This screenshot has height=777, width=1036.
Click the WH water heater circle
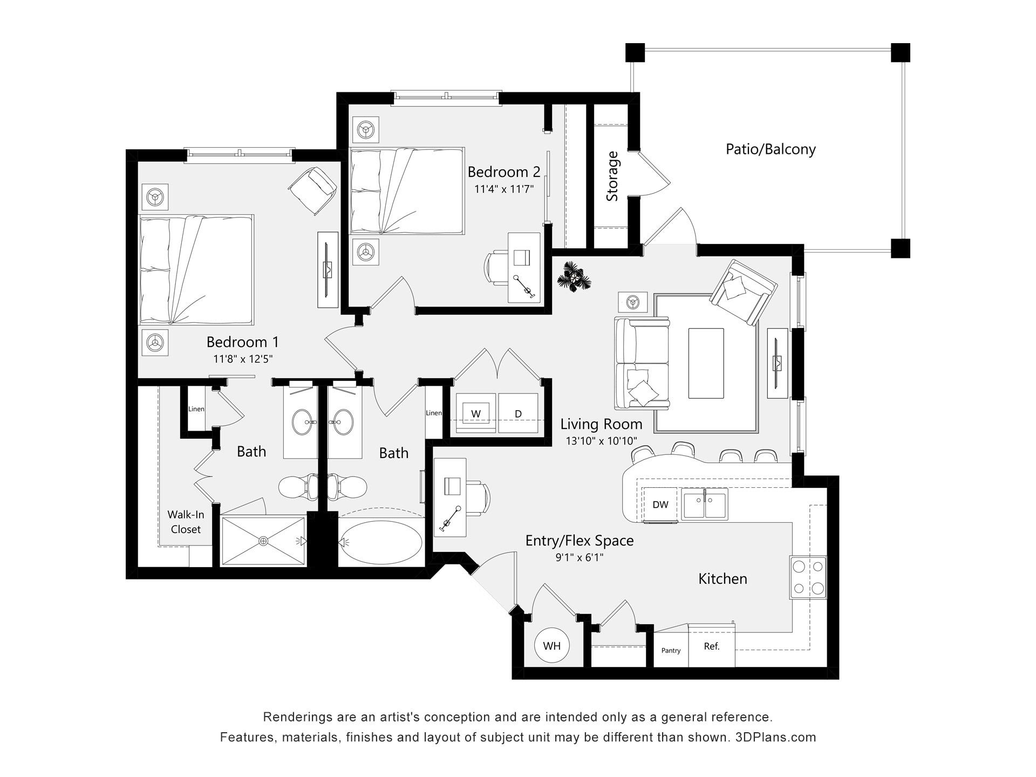(551, 646)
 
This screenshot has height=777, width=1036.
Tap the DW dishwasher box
(660, 505)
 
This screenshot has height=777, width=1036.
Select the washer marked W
(475, 414)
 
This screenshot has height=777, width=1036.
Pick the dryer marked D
(518, 414)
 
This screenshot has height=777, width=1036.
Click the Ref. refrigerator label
(711, 646)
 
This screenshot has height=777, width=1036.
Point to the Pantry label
(671, 650)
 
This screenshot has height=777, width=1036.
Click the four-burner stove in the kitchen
(808, 577)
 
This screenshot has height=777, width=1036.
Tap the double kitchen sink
(704, 504)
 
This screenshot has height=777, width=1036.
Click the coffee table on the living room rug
(706, 363)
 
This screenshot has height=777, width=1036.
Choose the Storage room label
(612, 176)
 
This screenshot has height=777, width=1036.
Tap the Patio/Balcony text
(770, 149)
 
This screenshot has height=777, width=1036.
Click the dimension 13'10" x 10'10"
(601, 441)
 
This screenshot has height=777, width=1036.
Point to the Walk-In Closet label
(186, 522)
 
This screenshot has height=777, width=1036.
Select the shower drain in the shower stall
(263, 541)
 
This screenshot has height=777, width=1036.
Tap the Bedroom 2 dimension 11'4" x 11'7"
(503, 189)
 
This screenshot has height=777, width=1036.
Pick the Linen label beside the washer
(433, 413)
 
